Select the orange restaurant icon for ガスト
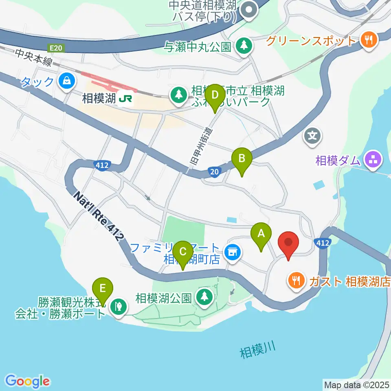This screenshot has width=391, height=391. point(295,281)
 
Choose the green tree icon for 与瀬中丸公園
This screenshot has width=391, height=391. point(244,45)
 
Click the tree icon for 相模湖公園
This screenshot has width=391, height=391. point(204,297)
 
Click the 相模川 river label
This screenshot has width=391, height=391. point(257,350)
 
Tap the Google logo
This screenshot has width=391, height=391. point(28,381)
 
